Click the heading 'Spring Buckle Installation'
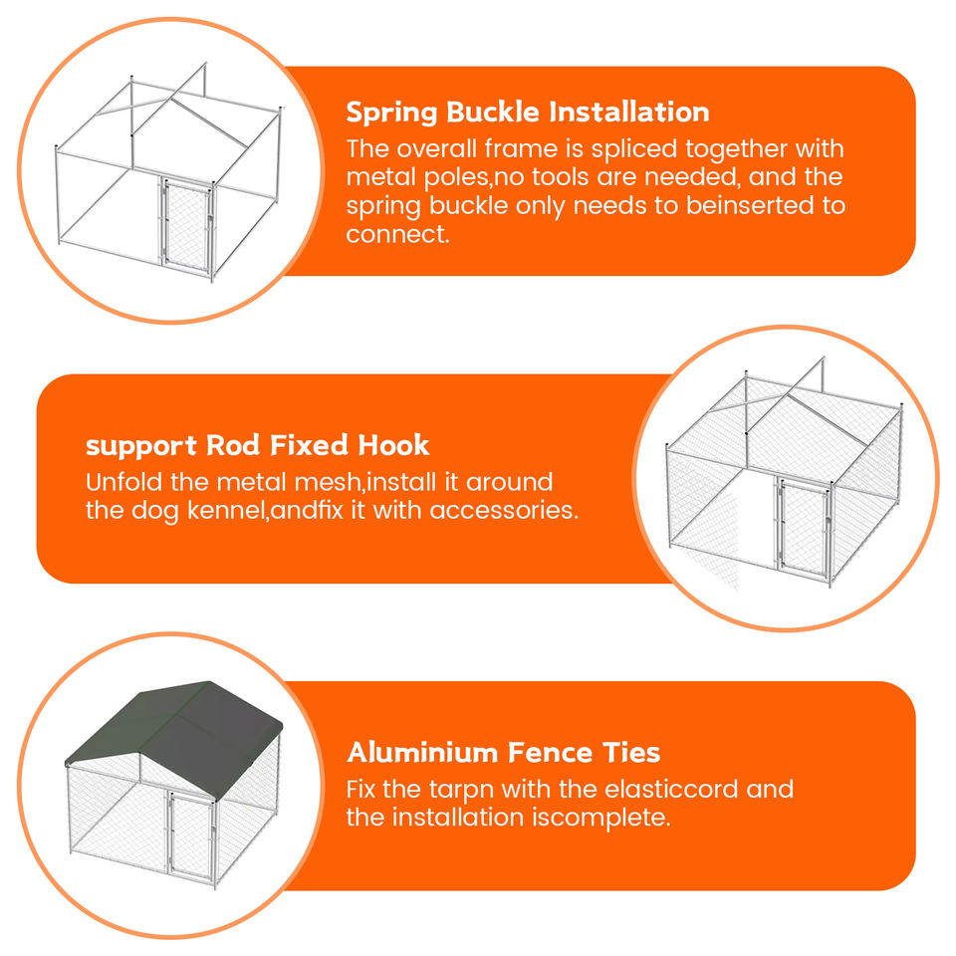click(x=528, y=113)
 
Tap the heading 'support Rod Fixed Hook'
click(x=257, y=445)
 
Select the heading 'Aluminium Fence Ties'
click(x=504, y=753)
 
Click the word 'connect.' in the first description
click(x=397, y=234)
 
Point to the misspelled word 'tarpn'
click(x=461, y=790)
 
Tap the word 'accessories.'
click(x=504, y=510)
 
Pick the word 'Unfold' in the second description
click(x=124, y=482)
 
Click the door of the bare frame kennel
click(x=186, y=224)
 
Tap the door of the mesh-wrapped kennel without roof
click(x=803, y=527)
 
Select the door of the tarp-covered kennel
click(x=190, y=835)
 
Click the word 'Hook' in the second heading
click(x=393, y=445)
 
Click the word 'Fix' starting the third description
click(x=360, y=789)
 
